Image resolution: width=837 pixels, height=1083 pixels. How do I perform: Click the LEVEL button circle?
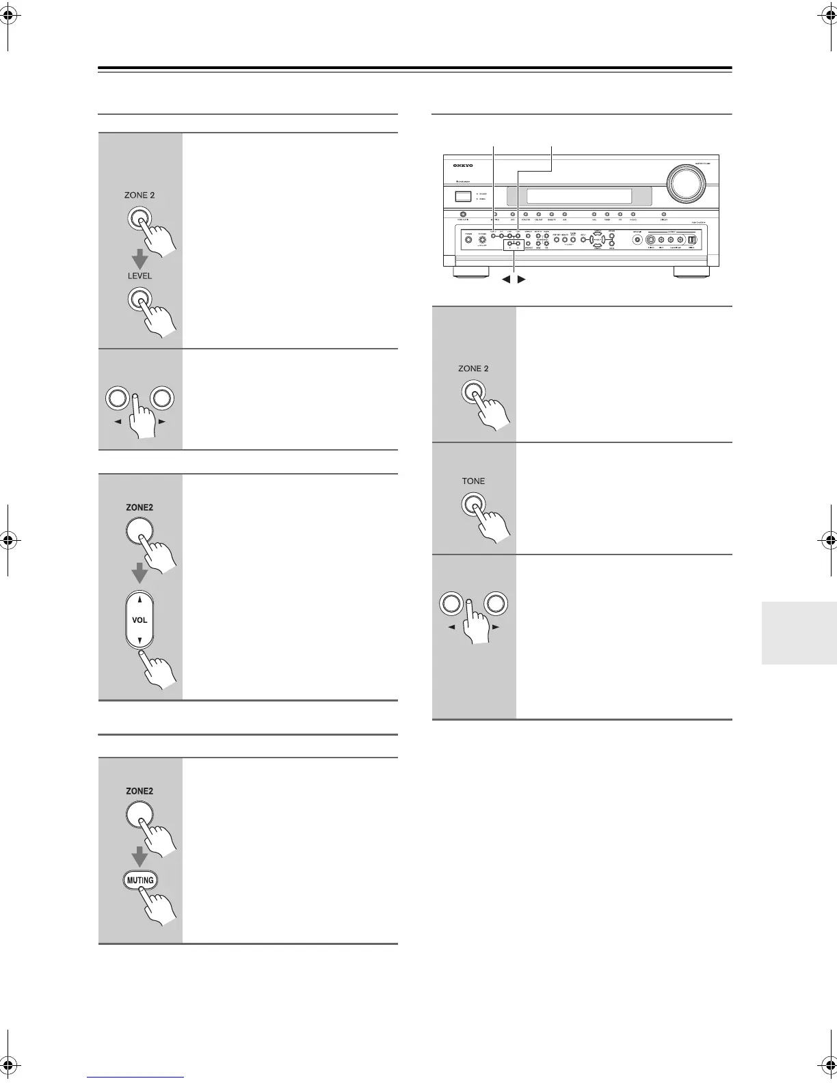(139, 301)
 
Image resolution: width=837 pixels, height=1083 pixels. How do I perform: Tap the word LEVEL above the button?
(139, 276)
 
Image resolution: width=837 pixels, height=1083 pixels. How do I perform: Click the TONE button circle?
(473, 505)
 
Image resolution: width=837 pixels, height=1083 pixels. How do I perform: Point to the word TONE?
(473, 481)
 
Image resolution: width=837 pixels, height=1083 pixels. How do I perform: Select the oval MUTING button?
(139, 880)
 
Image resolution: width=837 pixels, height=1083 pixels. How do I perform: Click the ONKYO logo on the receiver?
(463, 165)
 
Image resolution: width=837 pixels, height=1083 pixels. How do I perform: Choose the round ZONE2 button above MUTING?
(139, 814)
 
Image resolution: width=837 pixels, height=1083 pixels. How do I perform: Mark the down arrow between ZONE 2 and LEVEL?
(139, 256)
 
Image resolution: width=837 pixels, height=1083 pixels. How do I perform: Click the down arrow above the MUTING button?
(139, 855)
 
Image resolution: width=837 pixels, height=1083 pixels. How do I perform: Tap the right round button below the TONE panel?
(497, 604)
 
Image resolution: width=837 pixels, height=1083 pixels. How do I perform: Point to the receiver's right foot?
(692, 271)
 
